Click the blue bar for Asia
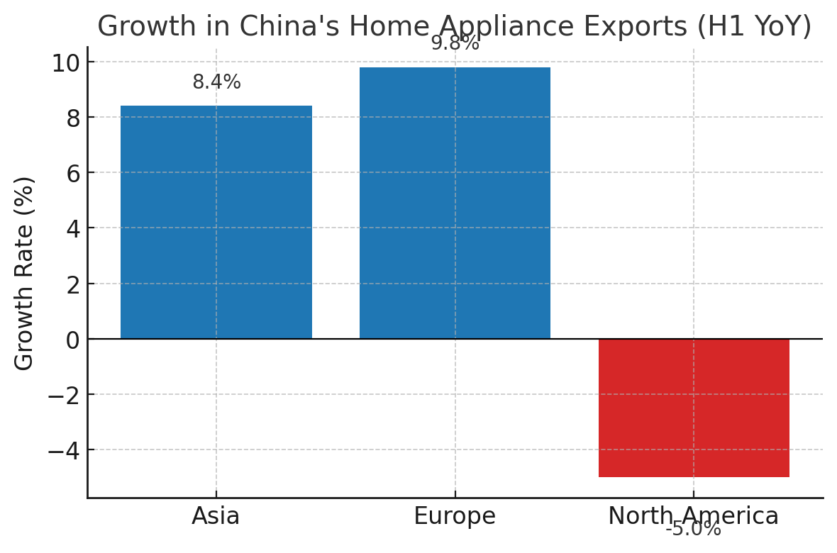216,222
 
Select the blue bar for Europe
455,203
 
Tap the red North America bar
694,408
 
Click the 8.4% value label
216,82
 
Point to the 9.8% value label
455,43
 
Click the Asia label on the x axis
216,516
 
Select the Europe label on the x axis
455,516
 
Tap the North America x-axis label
693,516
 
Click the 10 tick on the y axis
65,63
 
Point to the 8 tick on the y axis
73,118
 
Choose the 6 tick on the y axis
73,174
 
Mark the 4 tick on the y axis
73,229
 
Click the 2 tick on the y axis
73,284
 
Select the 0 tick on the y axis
73,340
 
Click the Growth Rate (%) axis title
25,273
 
